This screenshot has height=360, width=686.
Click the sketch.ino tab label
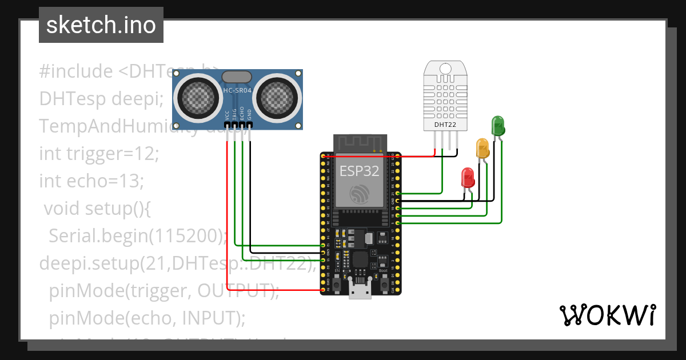coord(101,25)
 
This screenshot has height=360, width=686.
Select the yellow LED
coord(482,148)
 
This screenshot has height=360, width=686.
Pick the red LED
coord(468,178)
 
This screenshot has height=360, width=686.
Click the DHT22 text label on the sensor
coord(445,124)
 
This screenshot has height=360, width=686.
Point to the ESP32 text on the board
coord(359,171)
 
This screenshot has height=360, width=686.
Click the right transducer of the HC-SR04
coord(277,97)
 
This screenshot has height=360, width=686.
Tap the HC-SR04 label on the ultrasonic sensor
coord(237,91)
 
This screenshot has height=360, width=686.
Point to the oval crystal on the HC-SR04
coord(236,77)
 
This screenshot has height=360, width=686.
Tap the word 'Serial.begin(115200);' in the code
coord(138,235)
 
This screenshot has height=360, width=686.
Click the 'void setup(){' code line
coord(97,208)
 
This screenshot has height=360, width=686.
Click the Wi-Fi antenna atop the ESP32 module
coord(359,143)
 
